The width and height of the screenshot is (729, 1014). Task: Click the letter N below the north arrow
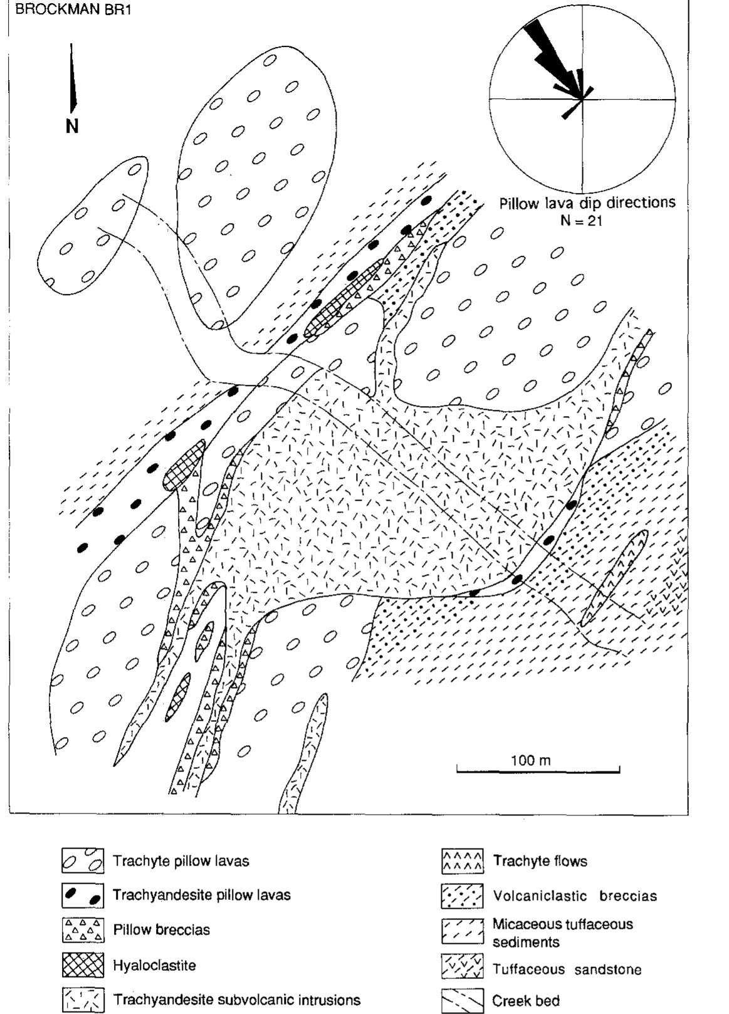pos(72,127)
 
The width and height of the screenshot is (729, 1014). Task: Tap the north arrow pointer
pos(73,78)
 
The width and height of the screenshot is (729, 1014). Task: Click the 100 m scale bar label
pos(531,760)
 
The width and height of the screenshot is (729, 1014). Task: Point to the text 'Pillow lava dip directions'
pos(587,203)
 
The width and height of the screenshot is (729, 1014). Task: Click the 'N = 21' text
pos(581,220)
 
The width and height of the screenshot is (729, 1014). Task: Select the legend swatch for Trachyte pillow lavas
pos(83,861)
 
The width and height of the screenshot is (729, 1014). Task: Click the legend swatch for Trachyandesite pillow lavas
pos(83,895)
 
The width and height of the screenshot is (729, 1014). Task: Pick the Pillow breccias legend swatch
pos(83,930)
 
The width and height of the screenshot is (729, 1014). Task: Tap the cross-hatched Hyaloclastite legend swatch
pos(83,965)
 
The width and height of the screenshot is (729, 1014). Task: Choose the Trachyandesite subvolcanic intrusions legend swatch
pos(83,1000)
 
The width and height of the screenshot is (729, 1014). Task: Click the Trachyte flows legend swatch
pos(463,862)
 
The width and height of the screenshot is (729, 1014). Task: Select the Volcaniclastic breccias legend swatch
pos(463,896)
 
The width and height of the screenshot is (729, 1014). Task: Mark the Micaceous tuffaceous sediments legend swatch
pos(463,932)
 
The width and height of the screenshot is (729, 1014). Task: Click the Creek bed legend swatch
pos(463,1001)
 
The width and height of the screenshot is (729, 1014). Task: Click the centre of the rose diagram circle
pos(582,99)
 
